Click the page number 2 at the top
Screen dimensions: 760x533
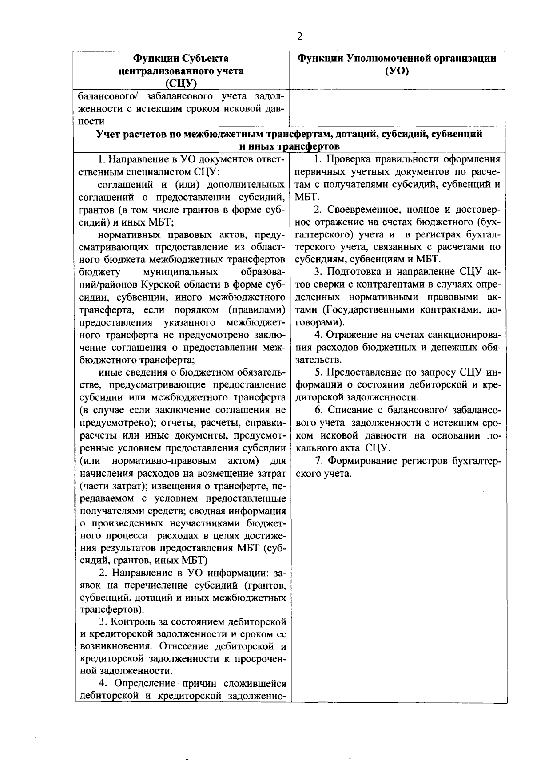click(299, 37)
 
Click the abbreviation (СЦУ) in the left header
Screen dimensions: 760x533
click(181, 83)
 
